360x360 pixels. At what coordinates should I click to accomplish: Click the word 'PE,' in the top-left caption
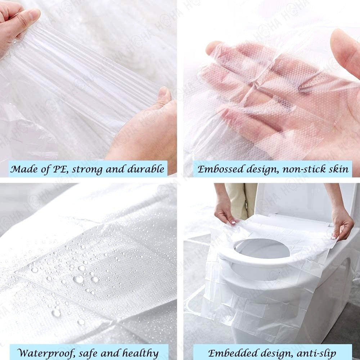point(61,169)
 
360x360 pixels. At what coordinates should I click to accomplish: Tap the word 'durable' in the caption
point(146,169)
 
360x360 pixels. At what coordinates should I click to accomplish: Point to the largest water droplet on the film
point(78,279)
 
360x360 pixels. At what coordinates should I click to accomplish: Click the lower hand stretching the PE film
point(145,129)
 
